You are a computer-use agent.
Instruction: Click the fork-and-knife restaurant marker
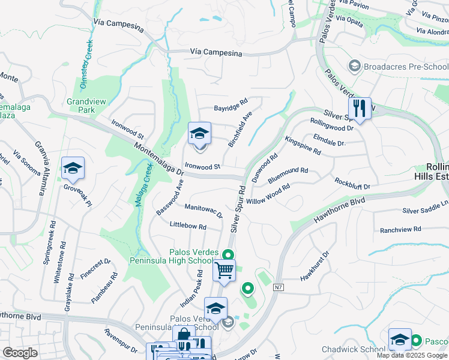tap(360, 108)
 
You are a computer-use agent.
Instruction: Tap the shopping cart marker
tap(224, 271)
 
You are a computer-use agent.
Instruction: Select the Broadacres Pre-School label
tap(397, 65)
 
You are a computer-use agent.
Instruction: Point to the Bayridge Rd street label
tap(231, 109)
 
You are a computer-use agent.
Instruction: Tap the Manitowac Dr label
tap(203, 210)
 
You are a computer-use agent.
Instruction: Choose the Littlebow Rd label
tap(188, 227)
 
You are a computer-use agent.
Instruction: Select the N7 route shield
tap(278, 288)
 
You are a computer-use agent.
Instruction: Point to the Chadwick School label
tap(352, 349)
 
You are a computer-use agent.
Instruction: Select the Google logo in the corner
tap(20, 352)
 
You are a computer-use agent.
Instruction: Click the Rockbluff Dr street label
tap(352, 183)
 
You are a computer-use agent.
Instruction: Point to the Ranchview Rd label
tap(400, 229)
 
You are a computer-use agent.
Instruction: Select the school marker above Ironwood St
tap(199, 134)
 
